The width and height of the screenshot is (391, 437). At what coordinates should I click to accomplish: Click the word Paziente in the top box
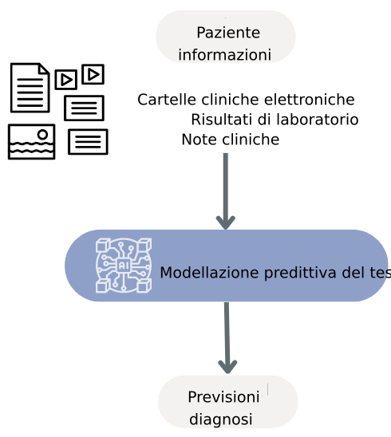click(x=228, y=33)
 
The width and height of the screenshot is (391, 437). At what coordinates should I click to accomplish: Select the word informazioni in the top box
click(x=224, y=55)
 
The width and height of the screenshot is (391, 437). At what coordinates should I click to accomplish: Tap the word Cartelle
click(x=163, y=100)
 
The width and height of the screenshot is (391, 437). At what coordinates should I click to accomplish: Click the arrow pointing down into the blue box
click(x=226, y=191)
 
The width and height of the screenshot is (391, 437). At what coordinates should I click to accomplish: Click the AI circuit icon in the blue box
click(x=124, y=265)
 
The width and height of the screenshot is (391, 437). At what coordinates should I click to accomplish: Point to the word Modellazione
click(x=209, y=273)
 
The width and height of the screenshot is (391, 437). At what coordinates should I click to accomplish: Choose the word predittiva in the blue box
click(x=298, y=273)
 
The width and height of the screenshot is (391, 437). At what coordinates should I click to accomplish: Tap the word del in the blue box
click(x=353, y=273)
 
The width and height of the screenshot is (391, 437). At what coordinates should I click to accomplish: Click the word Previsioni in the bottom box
click(x=223, y=397)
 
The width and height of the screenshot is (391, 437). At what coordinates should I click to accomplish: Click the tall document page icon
click(x=30, y=87)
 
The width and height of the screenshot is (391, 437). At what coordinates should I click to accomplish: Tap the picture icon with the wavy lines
click(x=31, y=141)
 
